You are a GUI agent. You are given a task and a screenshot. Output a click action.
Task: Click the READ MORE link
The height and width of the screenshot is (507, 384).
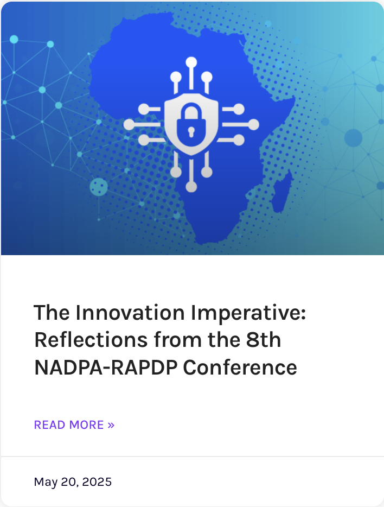point(74,424)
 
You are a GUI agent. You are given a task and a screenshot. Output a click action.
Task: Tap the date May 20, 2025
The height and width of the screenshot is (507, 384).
point(73,482)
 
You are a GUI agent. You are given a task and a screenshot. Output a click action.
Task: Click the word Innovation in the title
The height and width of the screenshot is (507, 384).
point(130,313)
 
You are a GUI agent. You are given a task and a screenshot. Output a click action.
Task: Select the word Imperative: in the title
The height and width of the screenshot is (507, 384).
point(248,313)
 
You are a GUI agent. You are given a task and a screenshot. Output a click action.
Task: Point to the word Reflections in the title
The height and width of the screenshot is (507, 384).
point(91,340)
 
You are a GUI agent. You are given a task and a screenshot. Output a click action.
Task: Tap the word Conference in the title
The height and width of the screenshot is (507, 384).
point(240,367)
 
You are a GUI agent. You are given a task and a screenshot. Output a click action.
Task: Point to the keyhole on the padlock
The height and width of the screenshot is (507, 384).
point(191,131)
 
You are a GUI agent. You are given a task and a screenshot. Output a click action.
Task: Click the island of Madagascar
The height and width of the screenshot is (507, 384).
point(282,192)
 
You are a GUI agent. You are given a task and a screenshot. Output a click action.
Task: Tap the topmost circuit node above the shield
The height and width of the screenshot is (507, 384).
point(191,62)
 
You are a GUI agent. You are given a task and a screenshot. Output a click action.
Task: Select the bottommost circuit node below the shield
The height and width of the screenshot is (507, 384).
point(191,187)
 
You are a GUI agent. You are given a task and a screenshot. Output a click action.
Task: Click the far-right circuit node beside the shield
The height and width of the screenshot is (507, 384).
point(253,124)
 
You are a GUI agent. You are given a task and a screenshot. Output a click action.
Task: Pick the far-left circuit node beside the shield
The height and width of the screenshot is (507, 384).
point(129,124)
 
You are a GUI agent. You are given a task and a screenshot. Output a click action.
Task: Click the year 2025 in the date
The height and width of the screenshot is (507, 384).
point(97,482)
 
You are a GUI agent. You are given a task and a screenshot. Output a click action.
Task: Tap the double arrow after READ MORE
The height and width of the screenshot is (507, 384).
point(111,425)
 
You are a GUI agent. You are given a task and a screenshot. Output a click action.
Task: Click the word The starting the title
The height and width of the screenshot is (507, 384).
point(52,313)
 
